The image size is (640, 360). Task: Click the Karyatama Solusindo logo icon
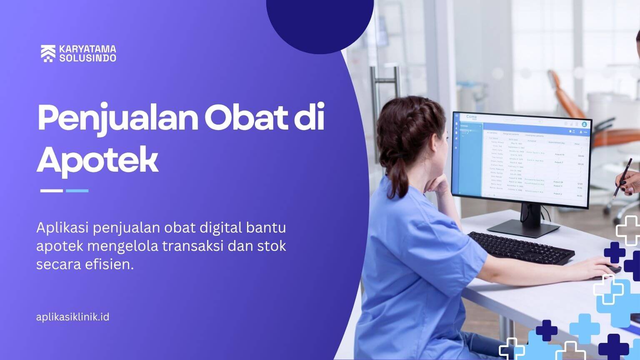point(48,53)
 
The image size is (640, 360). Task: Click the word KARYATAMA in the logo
point(87,49)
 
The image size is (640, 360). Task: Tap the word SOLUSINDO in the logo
point(87,58)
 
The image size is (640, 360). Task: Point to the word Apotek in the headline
point(97,160)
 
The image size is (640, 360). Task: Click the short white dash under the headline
point(51,191)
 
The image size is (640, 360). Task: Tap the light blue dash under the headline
point(77,191)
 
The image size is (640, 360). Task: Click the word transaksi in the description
point(192,246)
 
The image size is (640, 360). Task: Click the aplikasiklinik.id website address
point(73,317)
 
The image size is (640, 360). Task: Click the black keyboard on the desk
point(521,248)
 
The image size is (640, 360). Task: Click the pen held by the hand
point(623,177)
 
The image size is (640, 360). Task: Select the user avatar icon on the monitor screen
point(584,124)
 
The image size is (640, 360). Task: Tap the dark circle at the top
point(320,21)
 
